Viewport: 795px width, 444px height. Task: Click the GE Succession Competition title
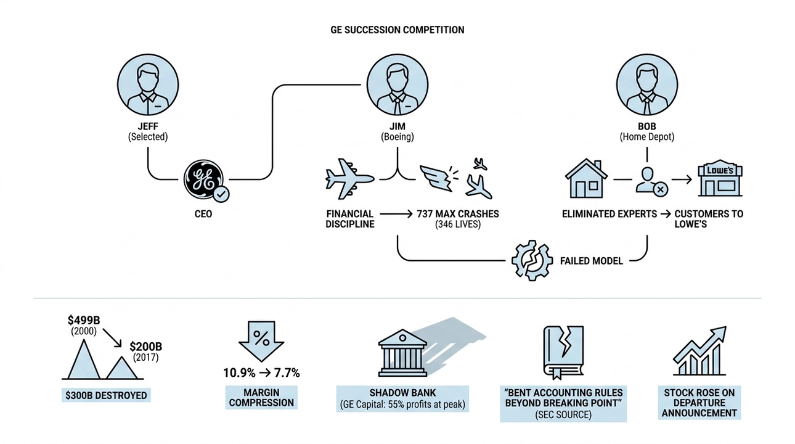tap(397, 30)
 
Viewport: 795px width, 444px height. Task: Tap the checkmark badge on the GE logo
tap(221, 194)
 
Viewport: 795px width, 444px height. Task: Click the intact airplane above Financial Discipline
tap(349, 178)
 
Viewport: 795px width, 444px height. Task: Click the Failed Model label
tap(592, 261)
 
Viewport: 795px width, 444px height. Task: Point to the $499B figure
tap(84, 320)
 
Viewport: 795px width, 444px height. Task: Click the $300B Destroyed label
tap(106, 395)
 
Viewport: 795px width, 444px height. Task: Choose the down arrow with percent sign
tap(261, 342)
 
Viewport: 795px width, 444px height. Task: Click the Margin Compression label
tap(261, 397)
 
